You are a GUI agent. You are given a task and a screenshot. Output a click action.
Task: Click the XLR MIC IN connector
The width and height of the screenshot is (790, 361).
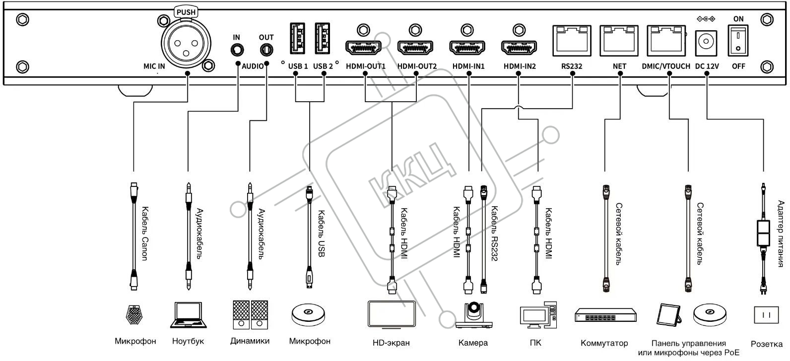point(186,43)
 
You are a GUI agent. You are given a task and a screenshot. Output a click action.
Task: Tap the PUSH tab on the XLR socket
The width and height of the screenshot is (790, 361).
point(186,12)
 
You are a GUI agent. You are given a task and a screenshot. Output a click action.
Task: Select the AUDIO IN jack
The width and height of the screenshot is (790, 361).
point(237,50)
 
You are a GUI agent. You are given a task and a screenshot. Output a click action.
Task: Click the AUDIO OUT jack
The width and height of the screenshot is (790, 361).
point(266,50)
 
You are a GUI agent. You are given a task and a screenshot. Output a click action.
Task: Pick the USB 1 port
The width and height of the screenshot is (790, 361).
point(297,38)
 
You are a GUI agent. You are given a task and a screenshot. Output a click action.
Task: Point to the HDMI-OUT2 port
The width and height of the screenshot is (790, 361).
point(415,48)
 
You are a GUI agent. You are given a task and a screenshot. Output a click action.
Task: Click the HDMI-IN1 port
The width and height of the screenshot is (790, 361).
point(467,48)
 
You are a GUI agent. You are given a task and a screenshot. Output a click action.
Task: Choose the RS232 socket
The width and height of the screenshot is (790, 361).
point(572,41)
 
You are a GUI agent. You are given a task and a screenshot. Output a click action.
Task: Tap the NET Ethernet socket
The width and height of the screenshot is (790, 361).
point(619,41)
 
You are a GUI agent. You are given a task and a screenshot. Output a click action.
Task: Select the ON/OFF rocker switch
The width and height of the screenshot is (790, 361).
point(738,40)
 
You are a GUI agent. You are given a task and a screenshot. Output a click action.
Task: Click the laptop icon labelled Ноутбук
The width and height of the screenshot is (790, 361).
point(188,315)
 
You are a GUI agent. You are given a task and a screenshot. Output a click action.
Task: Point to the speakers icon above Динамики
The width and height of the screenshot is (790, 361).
point(250,314)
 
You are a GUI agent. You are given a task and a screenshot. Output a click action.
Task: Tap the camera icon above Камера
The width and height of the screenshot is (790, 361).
point(473,315)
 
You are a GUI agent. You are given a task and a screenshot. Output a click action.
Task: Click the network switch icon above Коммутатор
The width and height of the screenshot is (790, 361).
point(605,315)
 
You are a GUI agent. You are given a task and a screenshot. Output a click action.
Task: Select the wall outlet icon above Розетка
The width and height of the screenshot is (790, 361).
point(766,315)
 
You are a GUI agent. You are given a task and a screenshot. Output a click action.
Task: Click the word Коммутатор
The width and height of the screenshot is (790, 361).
point(604,343)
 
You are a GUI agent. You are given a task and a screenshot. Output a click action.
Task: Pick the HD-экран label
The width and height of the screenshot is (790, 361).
point(391,343)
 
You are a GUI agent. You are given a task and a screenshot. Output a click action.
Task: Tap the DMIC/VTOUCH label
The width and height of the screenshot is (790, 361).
point(666,66)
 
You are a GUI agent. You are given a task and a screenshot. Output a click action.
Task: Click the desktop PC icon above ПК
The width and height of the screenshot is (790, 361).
point(538,315)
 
